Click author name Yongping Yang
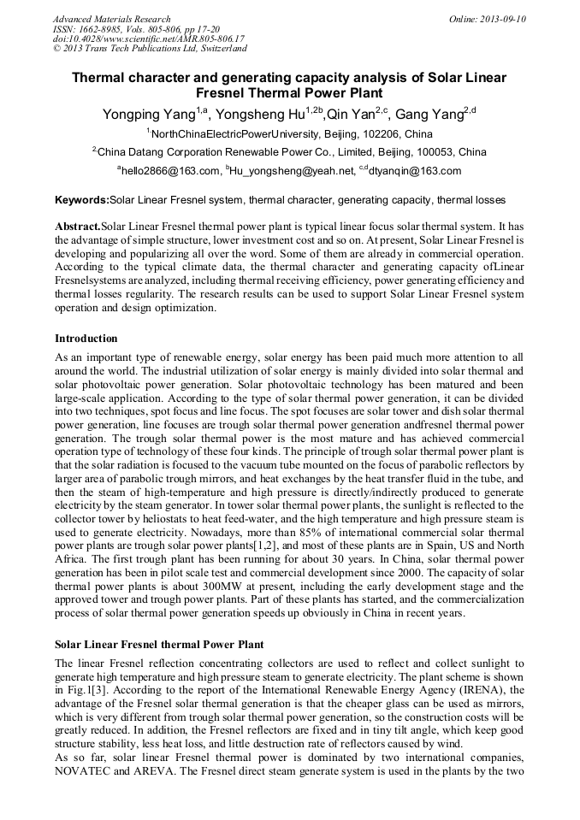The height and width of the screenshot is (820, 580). (x=148, y=115)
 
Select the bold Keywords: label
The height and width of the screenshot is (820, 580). (x=82, y=200)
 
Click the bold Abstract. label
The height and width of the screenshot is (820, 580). (x=78, y=227)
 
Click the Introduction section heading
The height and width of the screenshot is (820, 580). (x=86, y=339)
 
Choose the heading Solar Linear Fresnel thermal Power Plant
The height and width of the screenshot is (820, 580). (x=159, y=644)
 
